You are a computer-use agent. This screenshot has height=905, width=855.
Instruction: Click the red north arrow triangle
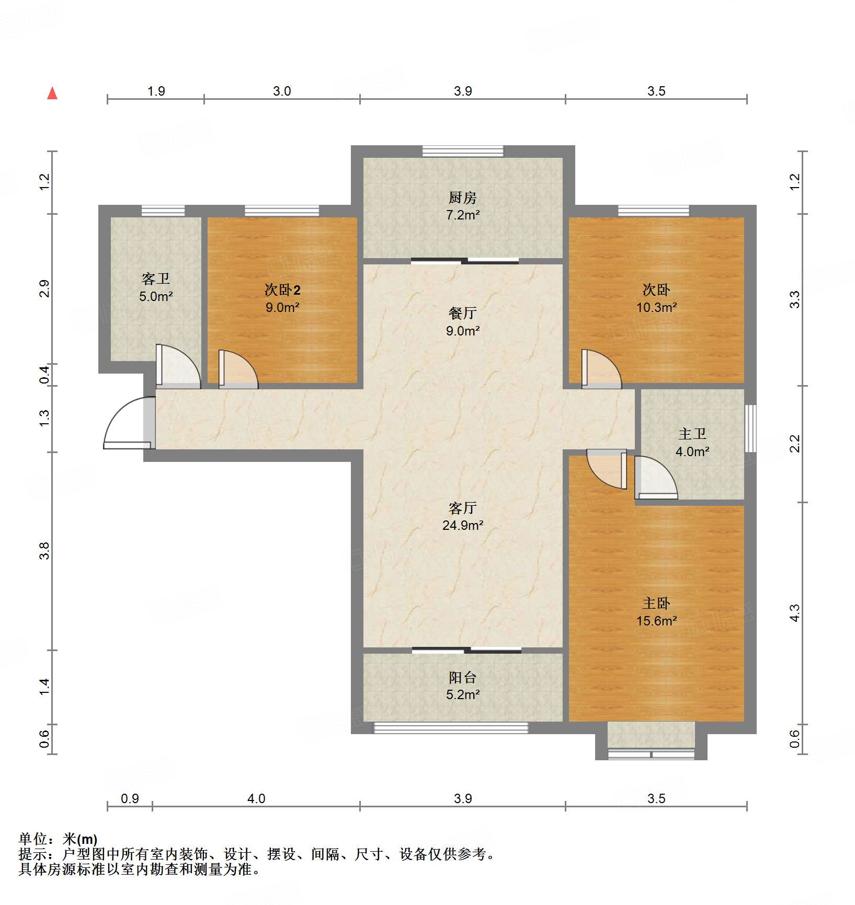[52, 94]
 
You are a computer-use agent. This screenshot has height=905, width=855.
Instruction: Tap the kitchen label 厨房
[462, 198]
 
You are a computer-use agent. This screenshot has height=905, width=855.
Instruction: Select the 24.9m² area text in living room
[462, 525]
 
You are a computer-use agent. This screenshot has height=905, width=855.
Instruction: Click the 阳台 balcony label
[462, 678]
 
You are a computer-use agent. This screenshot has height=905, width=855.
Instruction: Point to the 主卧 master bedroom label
[656, 604]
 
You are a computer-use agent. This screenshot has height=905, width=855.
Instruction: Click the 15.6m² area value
[656, 621]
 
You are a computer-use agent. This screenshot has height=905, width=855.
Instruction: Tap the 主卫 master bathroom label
[692, 434]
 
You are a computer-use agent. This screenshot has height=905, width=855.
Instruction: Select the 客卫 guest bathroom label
[155, 279]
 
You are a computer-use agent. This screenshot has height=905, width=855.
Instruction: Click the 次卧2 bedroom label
[282, 289]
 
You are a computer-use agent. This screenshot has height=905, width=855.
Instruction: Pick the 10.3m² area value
[656, 307]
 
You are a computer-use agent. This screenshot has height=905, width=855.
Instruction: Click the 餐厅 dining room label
[462, 313]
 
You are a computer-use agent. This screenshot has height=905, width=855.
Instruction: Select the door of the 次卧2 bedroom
[238, 370]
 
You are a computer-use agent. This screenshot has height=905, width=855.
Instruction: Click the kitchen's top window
[462, 152]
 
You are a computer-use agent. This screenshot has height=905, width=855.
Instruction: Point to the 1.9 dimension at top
[156, 91]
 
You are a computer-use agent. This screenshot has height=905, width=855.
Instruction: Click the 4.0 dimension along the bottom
[256, 798]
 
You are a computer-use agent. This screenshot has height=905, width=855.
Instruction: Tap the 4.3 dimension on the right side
[794, 612]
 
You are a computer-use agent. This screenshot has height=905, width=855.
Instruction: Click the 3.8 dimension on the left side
[44, 551]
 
